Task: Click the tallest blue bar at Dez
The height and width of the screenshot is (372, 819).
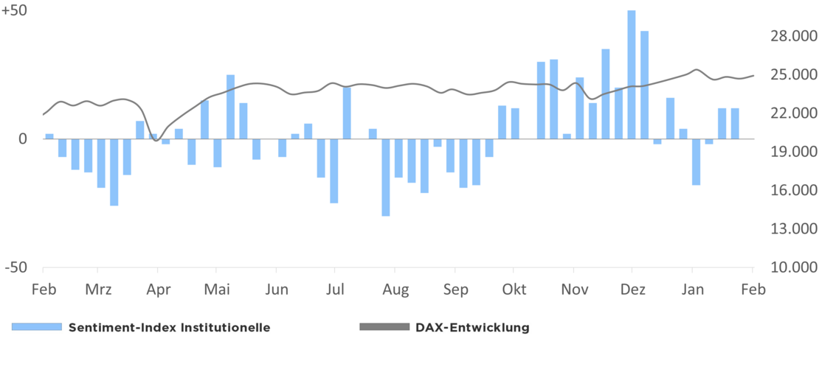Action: point(632,74)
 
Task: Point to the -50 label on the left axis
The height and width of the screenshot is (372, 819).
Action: point(16,267)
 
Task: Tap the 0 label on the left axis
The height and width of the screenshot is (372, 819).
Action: point(23,138)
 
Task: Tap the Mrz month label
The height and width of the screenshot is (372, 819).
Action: point(98,289)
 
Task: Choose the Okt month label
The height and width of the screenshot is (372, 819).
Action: point(514,289)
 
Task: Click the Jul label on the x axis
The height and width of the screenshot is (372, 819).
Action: point(335,289)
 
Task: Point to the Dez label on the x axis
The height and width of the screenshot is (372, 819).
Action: point(632,289)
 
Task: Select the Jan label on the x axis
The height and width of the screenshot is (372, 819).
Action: point(692,289)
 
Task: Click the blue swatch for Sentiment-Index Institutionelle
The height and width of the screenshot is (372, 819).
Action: point(36,327)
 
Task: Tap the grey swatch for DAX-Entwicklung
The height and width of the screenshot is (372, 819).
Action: point(384,327)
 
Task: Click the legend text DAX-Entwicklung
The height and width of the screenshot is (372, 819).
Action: point(472,328)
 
